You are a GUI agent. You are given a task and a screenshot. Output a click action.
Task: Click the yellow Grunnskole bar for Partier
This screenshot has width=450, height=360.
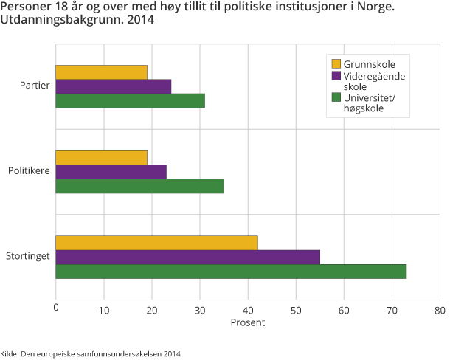coord(101,72)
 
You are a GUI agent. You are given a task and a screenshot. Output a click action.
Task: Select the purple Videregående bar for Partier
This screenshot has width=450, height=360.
coord(113,86)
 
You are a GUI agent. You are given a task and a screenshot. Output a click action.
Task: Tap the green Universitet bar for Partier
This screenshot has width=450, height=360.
coord(130,100)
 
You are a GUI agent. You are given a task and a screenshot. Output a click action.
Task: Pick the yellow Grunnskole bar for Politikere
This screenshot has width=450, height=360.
coord(101,157)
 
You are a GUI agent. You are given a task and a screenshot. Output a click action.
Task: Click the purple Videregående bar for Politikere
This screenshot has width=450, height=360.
coord(111,171)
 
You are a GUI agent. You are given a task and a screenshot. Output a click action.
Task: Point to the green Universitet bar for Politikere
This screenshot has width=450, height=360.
coord(139,186)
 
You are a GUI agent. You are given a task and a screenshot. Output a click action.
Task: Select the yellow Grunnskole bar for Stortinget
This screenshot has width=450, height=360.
coord(156,243)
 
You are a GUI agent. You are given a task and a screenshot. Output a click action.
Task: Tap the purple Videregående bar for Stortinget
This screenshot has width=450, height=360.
coord(187,257)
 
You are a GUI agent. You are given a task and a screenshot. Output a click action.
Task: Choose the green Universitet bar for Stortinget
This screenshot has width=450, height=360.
coord(231,271)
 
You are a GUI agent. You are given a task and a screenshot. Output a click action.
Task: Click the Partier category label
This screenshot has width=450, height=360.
coord(35,86)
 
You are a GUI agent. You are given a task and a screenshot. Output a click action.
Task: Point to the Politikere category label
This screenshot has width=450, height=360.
coord(29,171)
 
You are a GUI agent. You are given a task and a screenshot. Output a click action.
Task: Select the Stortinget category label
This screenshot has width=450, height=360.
coord(28,257)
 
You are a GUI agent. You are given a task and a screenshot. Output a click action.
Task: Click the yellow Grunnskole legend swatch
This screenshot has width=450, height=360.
coord(336,64)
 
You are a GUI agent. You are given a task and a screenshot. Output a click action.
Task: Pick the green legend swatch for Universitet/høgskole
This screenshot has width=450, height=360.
coord(336,97)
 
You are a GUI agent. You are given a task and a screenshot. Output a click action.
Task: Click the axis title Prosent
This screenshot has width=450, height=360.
coord(247,322)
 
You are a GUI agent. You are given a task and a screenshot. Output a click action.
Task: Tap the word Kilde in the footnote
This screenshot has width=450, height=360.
coord(10,353)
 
